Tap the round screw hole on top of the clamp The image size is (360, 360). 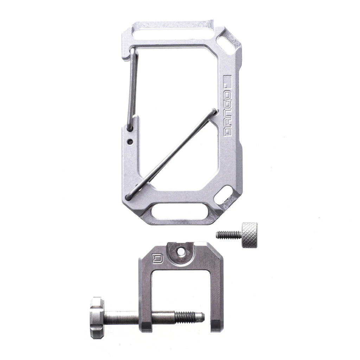[181, 252]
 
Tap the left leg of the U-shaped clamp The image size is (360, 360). [145, 299]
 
